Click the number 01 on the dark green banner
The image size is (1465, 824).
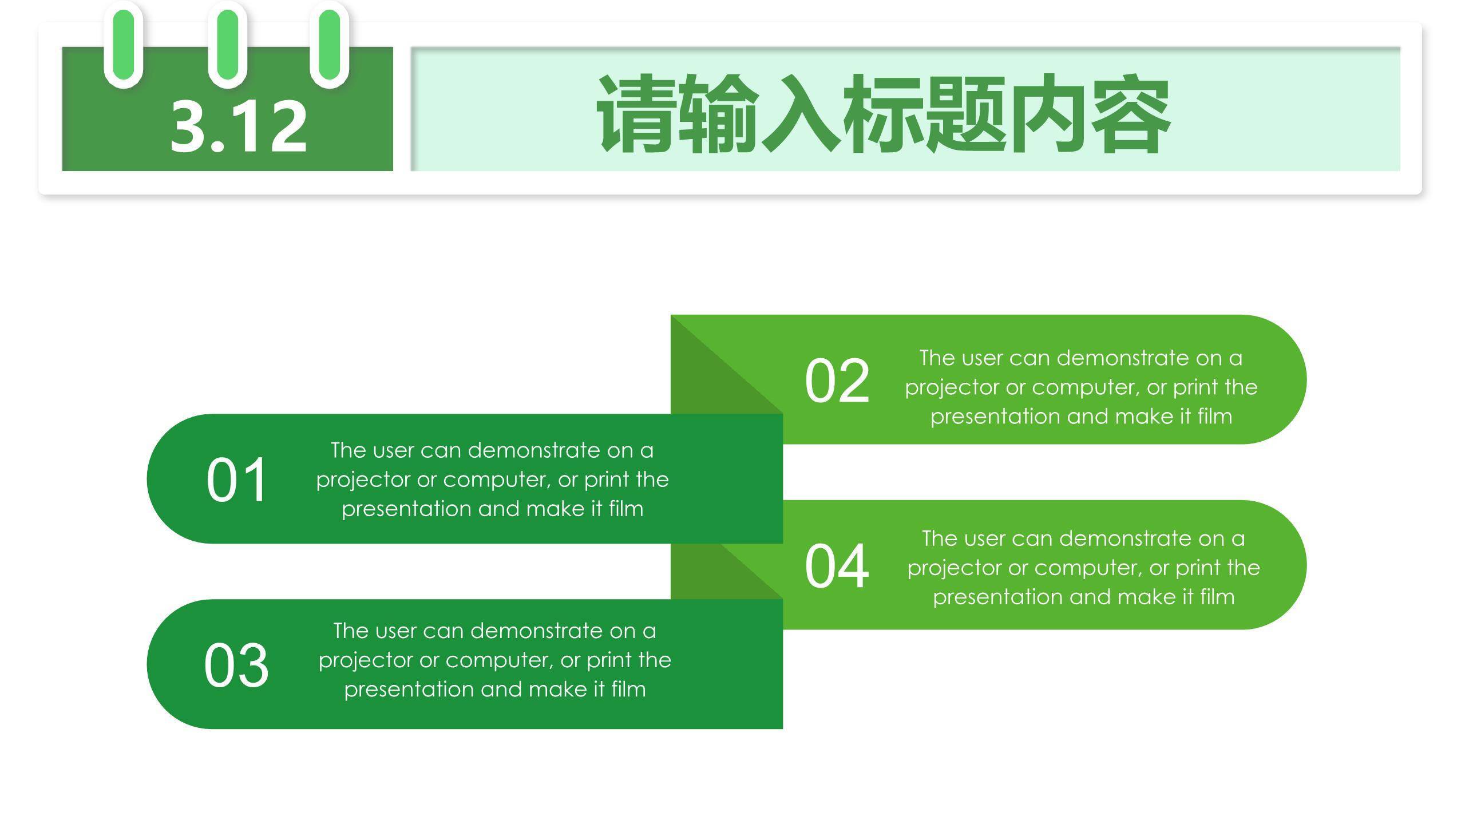(x=236, y=480)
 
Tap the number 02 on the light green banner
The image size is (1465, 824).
(x=837, y=381)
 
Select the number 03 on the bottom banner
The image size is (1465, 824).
(x=236, y=665)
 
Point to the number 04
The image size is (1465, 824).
(x=837, y=566)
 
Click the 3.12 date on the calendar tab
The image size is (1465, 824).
(x=239, y=126)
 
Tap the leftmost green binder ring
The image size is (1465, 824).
(x=124, y=45)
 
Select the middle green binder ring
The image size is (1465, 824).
(x=227, y=45)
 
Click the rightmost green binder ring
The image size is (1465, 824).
(x=329, y=45)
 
